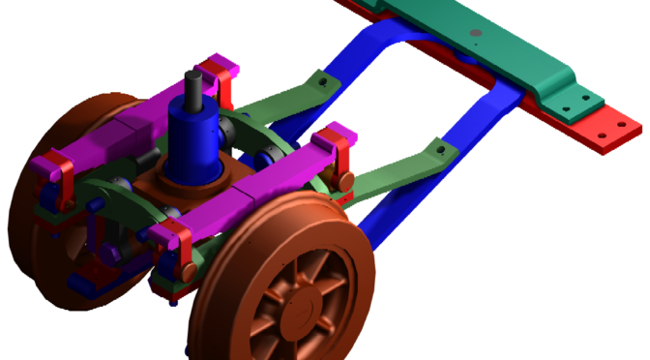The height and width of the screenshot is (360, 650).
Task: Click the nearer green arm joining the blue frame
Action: pyautogui.click(x=397, y=165)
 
